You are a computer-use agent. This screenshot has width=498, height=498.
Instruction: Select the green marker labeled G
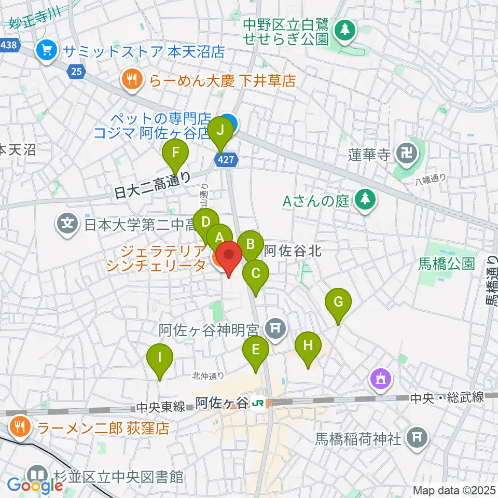[338, 302]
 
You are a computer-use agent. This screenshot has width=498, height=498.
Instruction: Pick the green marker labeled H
[308, 345]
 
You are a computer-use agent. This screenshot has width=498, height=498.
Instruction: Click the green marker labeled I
[160, 357]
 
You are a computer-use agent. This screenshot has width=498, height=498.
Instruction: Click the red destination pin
[229, 256]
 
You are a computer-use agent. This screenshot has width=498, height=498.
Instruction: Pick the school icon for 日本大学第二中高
[67, 225]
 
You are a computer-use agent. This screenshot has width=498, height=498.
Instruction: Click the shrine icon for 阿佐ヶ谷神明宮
[273, 328]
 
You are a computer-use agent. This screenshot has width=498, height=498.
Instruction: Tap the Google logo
[35, 485]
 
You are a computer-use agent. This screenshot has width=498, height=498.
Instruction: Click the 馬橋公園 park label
[446, 264]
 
